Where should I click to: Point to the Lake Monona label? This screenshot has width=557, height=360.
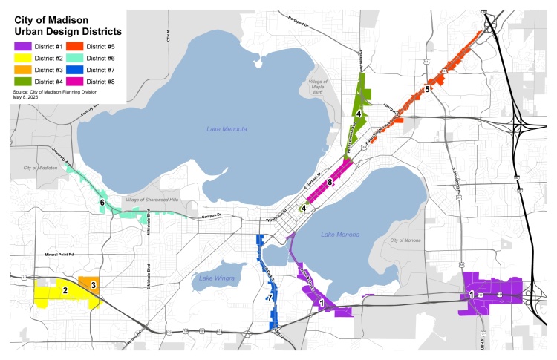click(340, 235)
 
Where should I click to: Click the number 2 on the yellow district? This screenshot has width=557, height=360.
click(65, 291)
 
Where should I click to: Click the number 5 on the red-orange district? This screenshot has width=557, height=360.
click(427, 89)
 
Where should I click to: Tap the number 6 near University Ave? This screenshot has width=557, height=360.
click(102, 202)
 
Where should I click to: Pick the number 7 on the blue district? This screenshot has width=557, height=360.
click(270, 297)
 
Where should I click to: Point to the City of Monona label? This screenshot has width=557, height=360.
click(405, 241)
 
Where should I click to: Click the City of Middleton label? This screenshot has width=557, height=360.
click(40, 168)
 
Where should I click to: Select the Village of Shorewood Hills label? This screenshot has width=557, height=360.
click(152, 200)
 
